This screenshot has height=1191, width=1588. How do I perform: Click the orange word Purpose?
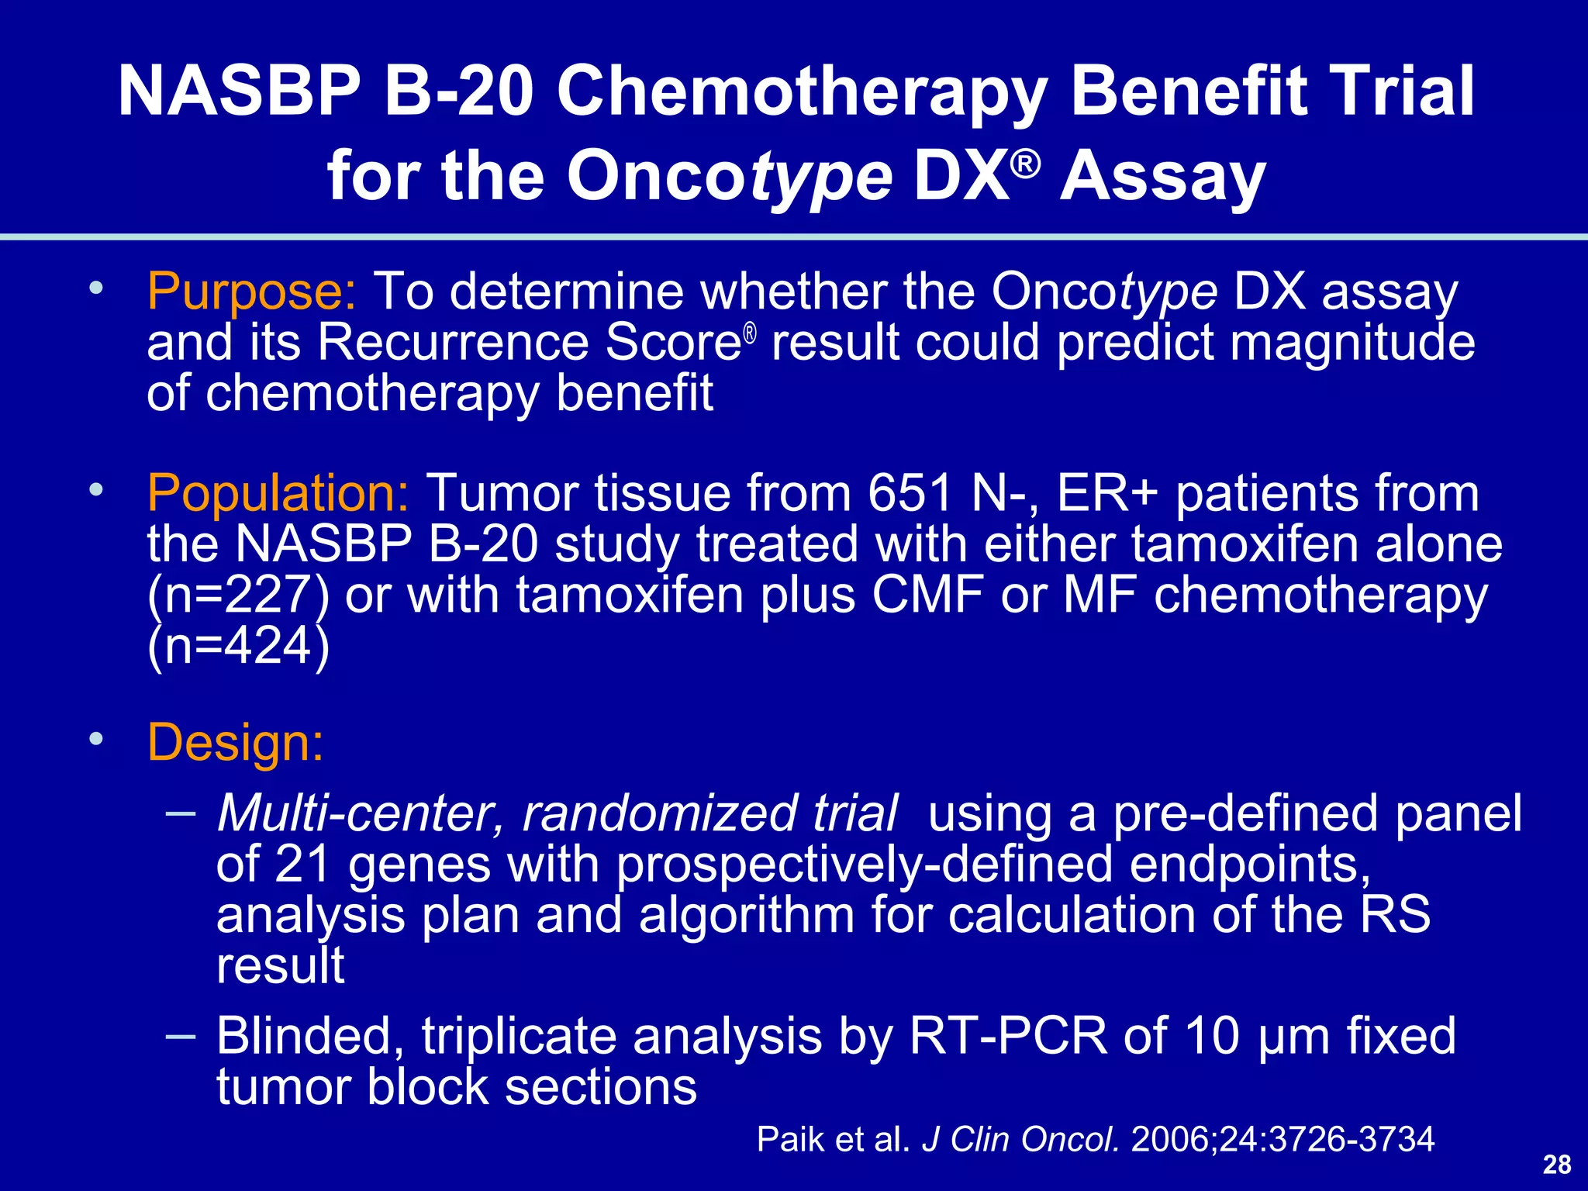coord(251,293)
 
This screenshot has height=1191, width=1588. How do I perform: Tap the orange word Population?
coord(278,494)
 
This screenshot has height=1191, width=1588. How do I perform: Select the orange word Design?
coord(235,743)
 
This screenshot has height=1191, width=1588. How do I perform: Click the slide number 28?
coord(1557,1165)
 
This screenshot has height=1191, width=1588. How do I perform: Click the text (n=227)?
coord(237,595)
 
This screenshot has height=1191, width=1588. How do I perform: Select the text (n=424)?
coord(237,647)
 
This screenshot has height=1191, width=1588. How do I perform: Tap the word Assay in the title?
coord(1163,177)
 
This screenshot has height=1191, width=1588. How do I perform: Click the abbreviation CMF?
coord(927,595)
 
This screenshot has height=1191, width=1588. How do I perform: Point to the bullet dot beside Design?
coord(95,739)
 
